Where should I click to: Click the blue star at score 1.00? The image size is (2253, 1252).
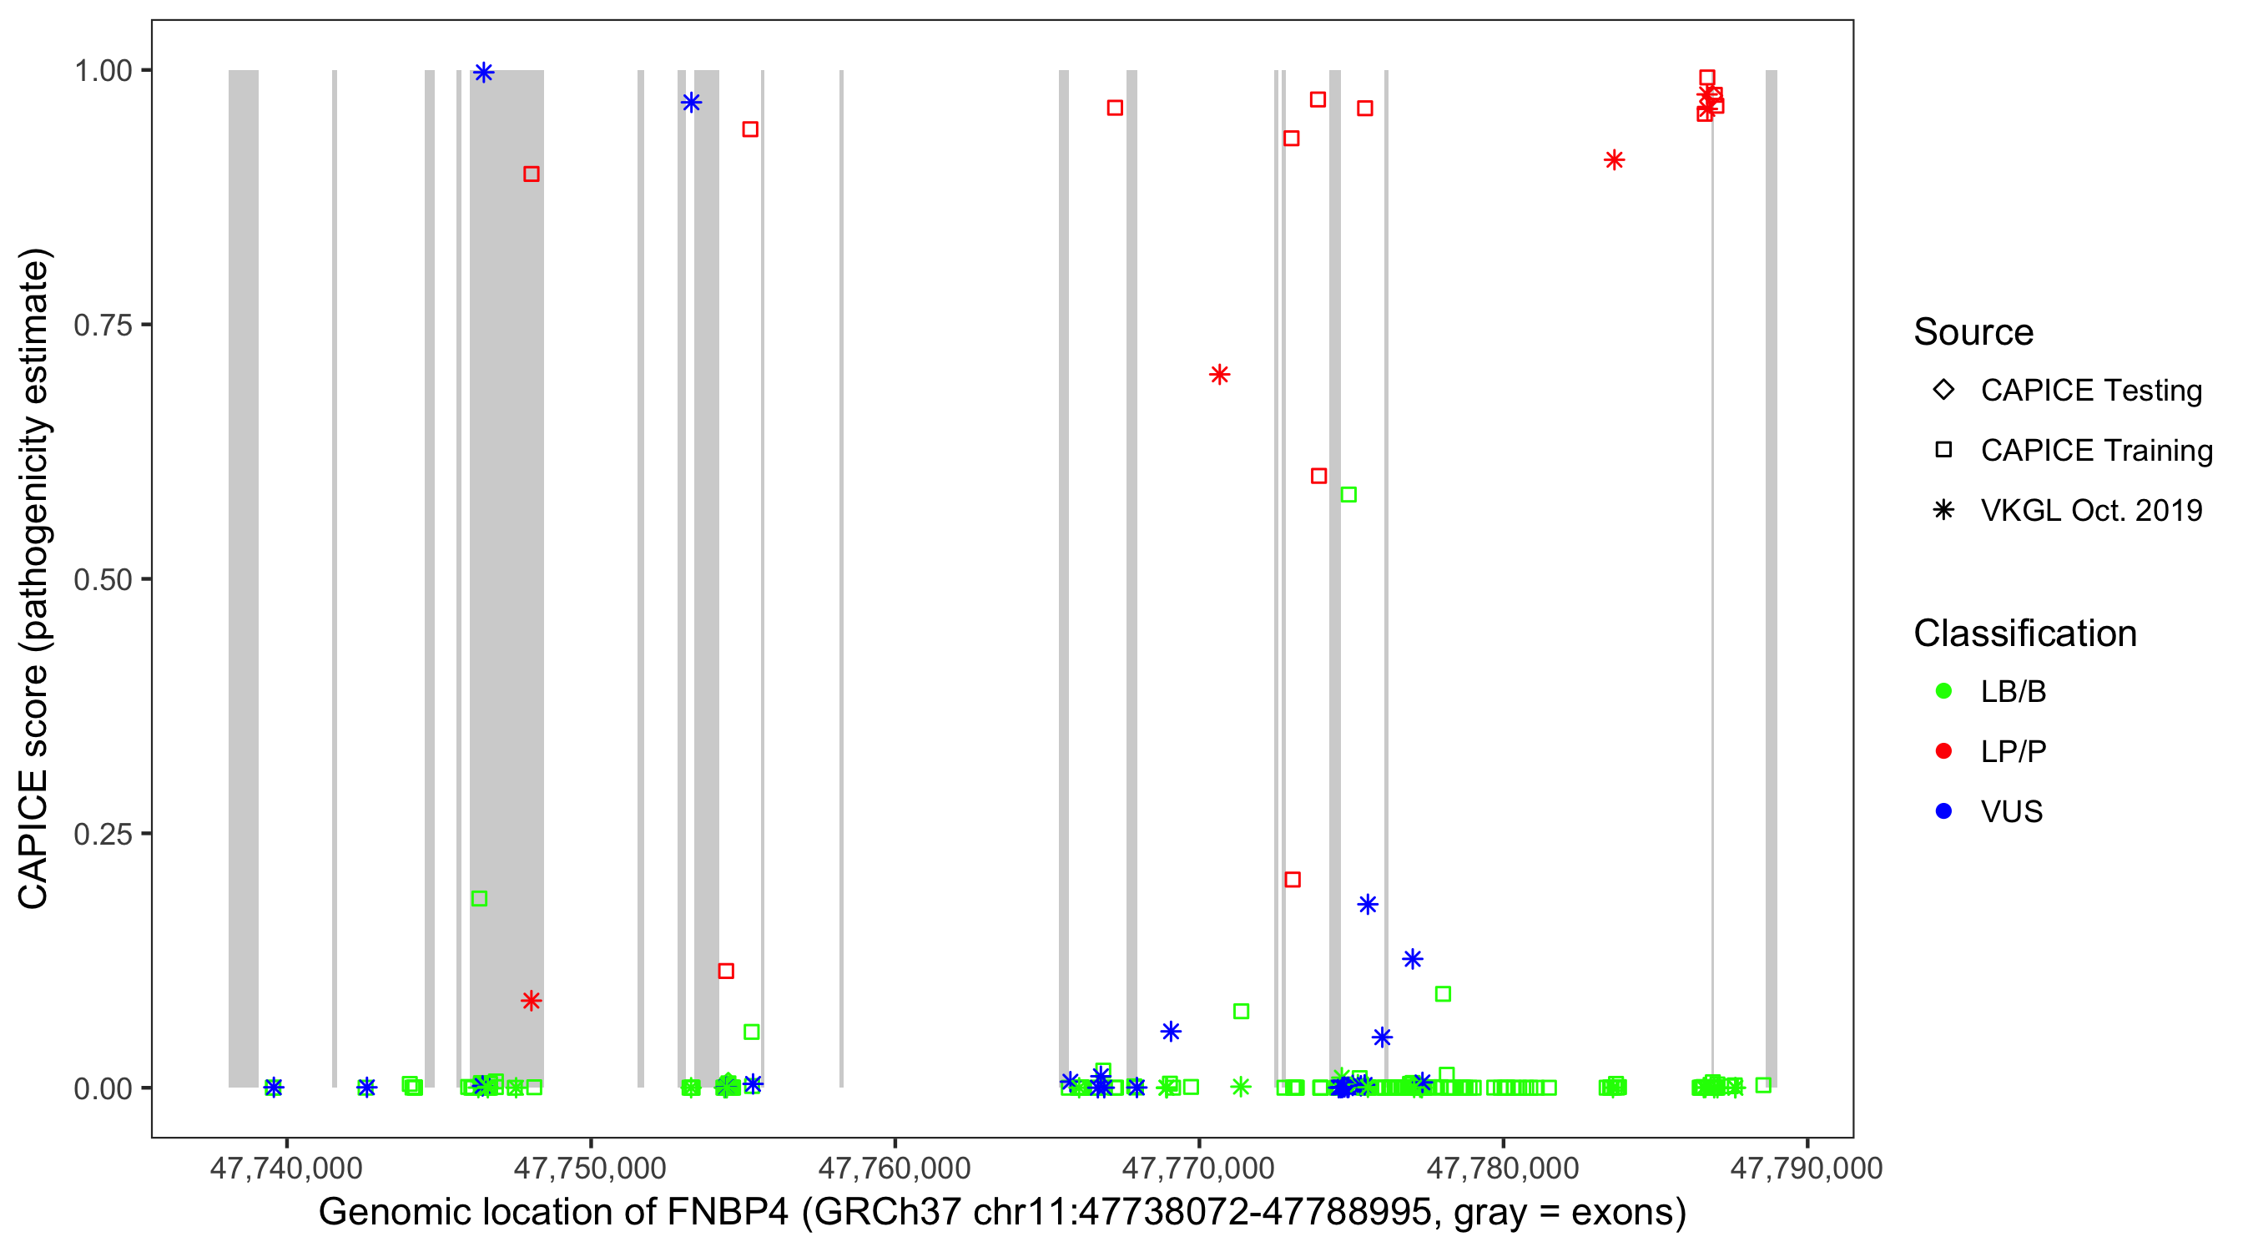pos(484,73)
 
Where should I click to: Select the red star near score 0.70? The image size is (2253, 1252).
pos(1219,375)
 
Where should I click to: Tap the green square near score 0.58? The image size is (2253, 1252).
pos(1348,495)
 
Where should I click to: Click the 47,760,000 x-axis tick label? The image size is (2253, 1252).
pos(894,1168)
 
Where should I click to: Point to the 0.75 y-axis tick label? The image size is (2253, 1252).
pos(103,326)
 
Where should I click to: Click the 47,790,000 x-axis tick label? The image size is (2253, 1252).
pos(1806,1168)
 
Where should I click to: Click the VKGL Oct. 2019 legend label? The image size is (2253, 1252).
pos(2091,511)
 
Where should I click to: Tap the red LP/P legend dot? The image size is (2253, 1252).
pos(1943,751)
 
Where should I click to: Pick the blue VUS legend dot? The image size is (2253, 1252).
pos(1943,812)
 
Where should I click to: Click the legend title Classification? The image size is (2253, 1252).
pos(2024,634)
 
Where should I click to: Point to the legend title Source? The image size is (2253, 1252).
pos(1973,332)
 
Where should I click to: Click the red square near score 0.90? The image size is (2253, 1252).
pos(531,174)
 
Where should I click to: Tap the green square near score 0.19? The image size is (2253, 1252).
pos(479,899)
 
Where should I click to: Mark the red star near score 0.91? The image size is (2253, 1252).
pos(1615,160)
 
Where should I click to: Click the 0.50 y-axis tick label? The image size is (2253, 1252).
pos(103,579)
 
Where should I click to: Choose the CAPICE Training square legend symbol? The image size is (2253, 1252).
pos(1943,451)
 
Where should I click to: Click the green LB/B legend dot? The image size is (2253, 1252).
pos(1943,691)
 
